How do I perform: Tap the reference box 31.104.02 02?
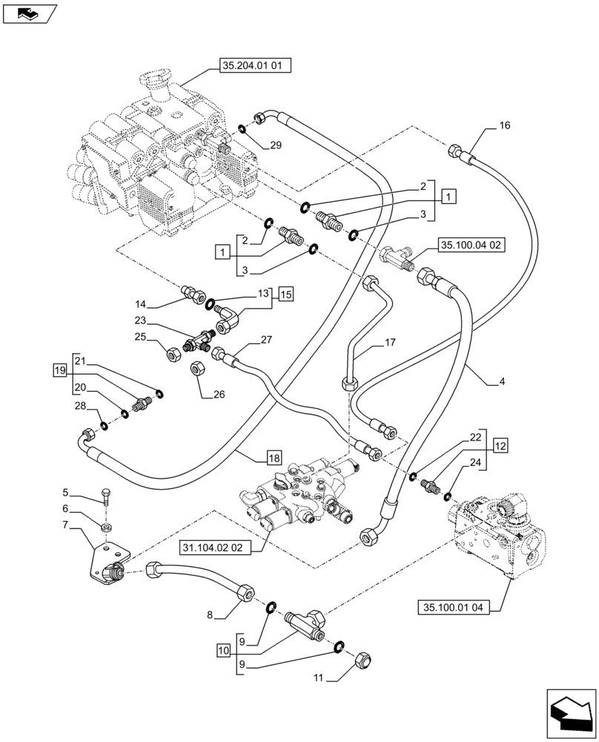215,548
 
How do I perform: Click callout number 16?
504,126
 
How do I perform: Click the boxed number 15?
286,295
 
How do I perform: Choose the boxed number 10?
224,650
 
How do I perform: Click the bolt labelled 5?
106,497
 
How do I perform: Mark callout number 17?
391,343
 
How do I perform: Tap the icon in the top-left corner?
29,13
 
